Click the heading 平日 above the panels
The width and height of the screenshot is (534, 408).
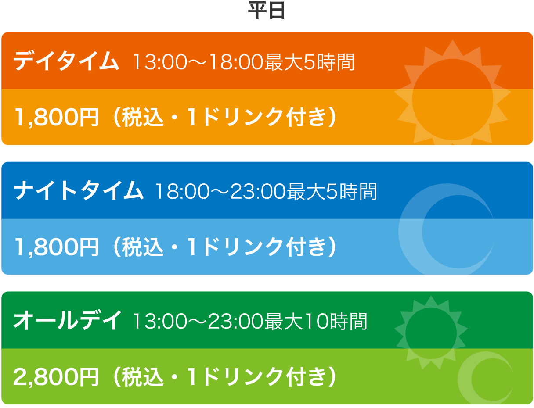[267, 11]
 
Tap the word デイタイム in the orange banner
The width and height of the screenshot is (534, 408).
[66, 61]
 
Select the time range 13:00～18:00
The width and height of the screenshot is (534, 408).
[198, 62]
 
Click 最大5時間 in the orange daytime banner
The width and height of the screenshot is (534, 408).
[309, 62]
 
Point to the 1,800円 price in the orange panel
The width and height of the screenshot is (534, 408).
[57, 118]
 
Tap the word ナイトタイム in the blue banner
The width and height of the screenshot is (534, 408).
[78, 190]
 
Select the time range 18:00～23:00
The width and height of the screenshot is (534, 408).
[220, 191]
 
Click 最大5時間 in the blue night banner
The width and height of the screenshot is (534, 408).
[332, 191]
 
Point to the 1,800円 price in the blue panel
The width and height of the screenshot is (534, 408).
[57, 247]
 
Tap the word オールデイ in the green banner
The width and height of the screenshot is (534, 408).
[67, 320]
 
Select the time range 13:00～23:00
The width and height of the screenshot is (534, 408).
[198, 321]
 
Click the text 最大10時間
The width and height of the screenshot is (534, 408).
[316, 321]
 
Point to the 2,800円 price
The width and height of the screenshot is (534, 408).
[56, 377]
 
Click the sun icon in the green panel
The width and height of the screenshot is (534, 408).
[431, 333]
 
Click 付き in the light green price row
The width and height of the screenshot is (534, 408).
[306, 377]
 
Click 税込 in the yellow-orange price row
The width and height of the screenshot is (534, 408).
[143, 118]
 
